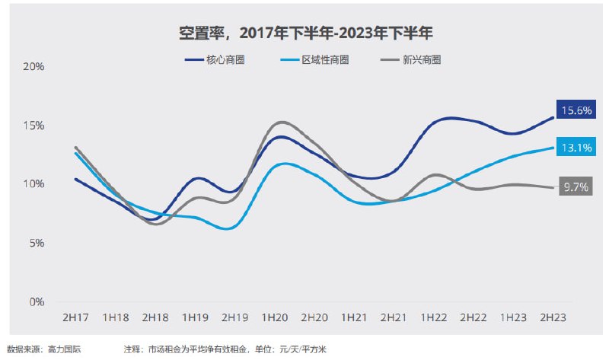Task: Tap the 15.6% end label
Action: [x=576, y=110]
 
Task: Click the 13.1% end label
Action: [x=576, y=148]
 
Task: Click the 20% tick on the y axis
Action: [x=34, y=67]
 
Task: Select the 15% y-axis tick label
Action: [x=34, y=126]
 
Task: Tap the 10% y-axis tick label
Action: [x=34, y=184]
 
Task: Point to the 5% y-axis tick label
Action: [x=37, y=243]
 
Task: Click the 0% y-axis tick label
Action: [x=37, y=301]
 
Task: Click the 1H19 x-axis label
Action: [x=195, y=316]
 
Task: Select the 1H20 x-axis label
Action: [x=274, y=316]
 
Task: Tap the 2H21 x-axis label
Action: [x=394, y=316]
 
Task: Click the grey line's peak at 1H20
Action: [x=280, y=122]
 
